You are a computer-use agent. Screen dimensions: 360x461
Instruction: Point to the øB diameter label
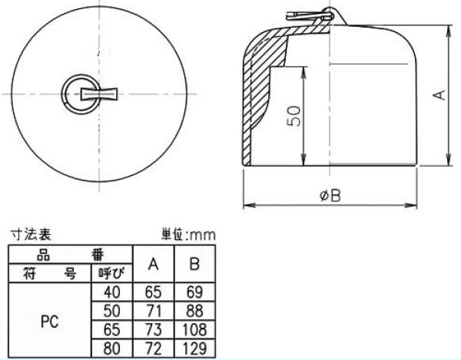(x=330, y=196)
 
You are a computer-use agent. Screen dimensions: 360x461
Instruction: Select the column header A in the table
(x=153, y=265)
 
